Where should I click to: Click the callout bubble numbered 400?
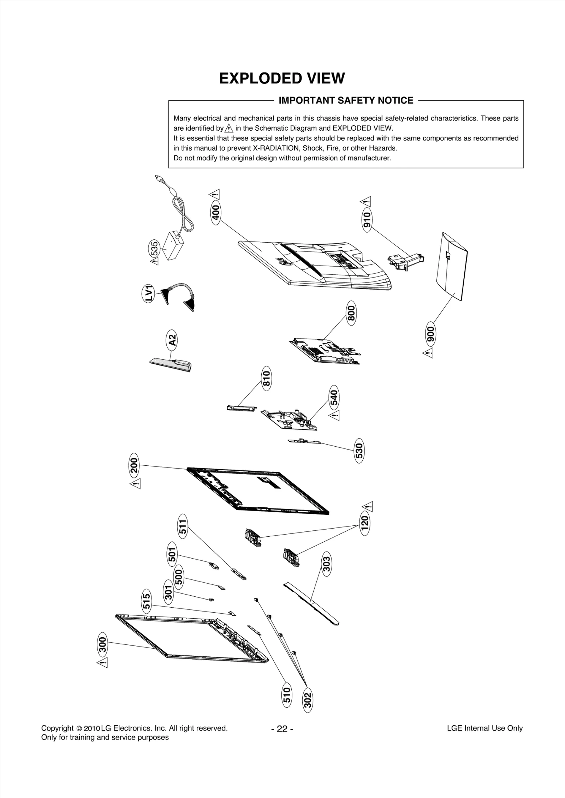tap(216, 213)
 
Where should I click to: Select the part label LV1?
tap(149, 293)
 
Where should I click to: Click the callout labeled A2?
tap(172, 340)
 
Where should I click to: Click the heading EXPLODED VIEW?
tap(282, 78)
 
